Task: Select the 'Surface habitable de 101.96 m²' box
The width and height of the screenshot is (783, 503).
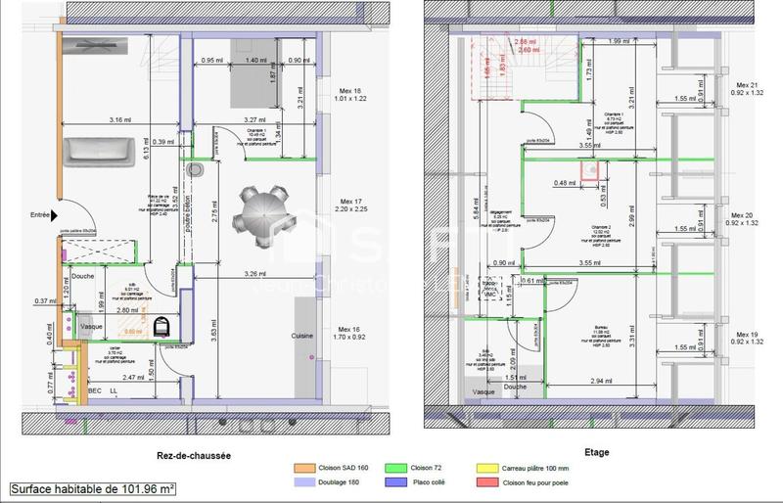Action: [93, 486]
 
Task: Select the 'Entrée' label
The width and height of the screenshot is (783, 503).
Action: [40, 214]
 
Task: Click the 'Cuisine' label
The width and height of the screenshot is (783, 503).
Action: [301, 336]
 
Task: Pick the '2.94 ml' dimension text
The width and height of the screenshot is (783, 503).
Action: [599, 376]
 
